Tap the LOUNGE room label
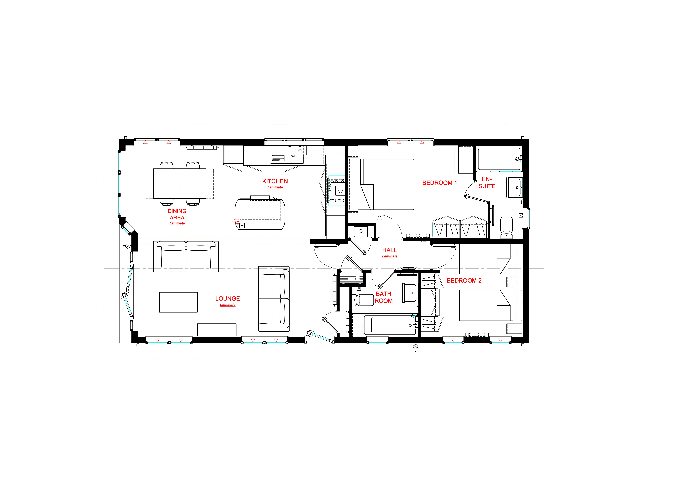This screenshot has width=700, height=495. coord(228,299)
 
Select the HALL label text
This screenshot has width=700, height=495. coord(389,250)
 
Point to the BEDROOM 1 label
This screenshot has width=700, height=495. coord(439,183)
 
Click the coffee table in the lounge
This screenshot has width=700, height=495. coord(178,302)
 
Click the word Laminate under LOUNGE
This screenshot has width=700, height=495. coord(228,305)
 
